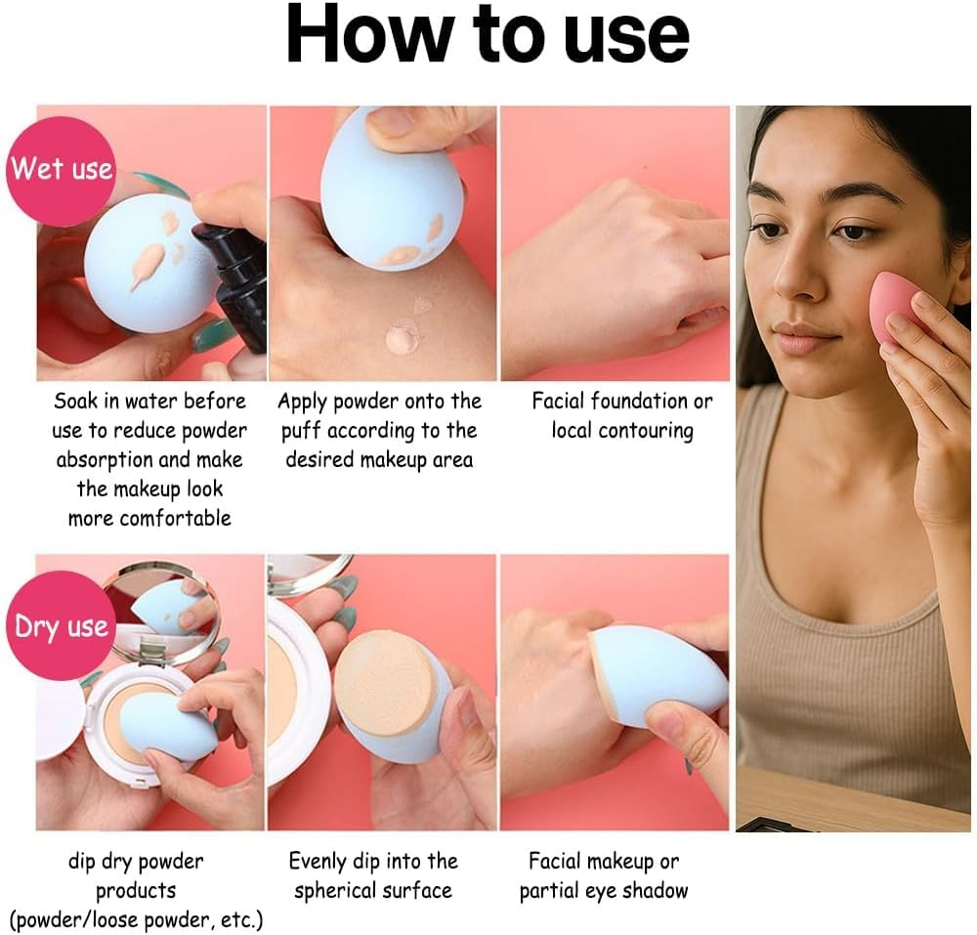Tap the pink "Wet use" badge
click(x=62, y=169)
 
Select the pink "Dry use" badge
click(x=62, y=625)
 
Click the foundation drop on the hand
click(x=403, y=337)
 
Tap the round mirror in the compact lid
click(x=162, y=608)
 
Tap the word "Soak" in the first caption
click(x=76, y=401)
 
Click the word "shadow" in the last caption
click(x=658, y=890)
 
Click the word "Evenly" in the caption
click(x=318, y=861)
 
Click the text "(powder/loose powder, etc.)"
click(x=136, y=919)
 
